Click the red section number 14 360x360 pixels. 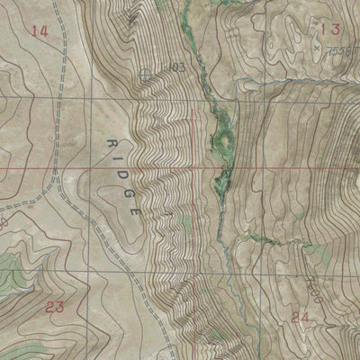pos(38,31)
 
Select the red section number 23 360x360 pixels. pos(55,308)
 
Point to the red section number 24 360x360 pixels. pos(301,316)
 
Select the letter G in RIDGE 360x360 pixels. pos(131,191)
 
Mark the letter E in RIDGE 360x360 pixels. pos(138,208)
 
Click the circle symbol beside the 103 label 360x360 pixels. pos(148,74)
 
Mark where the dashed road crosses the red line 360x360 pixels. pos(58,167)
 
